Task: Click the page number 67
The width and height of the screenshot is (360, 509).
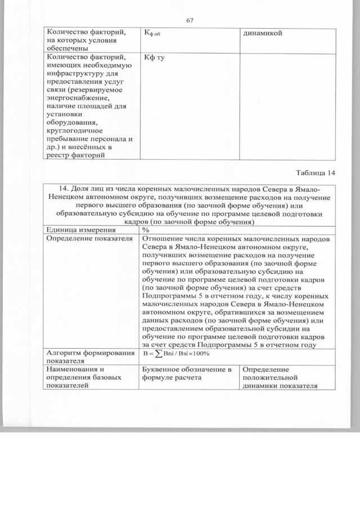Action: click(x=190, y=21)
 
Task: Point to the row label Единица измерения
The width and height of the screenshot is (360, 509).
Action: click(x=82, y=229)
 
